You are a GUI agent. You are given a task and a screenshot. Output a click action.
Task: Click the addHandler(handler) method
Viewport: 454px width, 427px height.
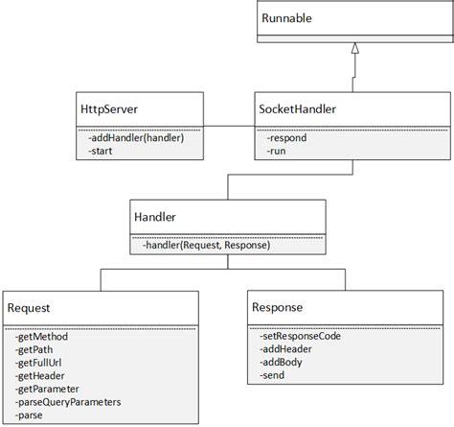pyautogui.click(x=134, y=138)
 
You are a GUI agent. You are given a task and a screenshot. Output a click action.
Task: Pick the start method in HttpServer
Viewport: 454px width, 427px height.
pyautogui.click(x=99, y=151)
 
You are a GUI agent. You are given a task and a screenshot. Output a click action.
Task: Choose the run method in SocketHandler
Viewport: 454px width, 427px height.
pyautogui.click(x=277, y=151)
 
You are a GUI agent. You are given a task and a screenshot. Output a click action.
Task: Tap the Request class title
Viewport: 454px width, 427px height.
pyautogui.click(x=29, y=307)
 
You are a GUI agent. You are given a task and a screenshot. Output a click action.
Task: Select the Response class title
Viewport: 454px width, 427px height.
pyautogui.click(x=279, y=307)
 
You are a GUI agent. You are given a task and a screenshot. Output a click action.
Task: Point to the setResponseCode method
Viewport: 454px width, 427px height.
pyautogui.click(x=300, y=337)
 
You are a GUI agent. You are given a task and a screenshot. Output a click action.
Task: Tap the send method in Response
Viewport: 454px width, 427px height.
pyautogui.click(x=273, y=377)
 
